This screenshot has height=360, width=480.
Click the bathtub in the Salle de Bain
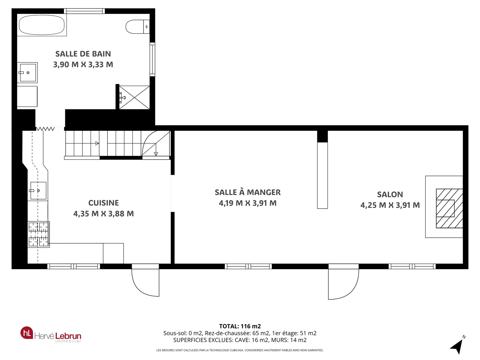point(42,25)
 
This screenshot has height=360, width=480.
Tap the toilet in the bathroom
point(137,27)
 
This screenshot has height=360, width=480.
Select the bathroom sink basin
point(28,73)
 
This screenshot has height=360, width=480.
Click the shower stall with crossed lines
point(134,97)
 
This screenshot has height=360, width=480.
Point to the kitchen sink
point(38,190)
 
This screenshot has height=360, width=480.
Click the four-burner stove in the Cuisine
point(38,234)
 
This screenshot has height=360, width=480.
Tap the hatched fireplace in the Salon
point(449,208)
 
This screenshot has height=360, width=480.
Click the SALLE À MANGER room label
point(247,192)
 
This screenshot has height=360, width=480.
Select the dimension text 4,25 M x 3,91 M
point(390,205)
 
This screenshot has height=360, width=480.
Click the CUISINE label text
point(103,203)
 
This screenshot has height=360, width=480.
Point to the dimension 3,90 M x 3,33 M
point(83,64)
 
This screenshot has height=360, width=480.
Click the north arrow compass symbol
point(458,346)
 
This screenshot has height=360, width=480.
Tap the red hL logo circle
point(27,333)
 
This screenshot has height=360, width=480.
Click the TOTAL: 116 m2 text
point(240,326)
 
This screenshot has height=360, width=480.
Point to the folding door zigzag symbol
point(45,129)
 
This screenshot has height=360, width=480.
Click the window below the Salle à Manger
point(248,266)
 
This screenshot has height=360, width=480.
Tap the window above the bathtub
point(84,11)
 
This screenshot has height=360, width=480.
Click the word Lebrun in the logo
point(68,336)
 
